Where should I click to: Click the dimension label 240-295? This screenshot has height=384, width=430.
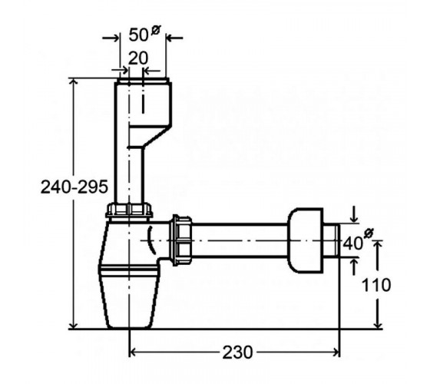tap(74, 187)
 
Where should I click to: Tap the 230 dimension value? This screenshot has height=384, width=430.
tap(237, 353)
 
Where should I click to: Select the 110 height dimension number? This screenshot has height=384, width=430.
tap(376, 285)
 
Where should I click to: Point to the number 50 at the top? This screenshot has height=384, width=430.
tap(138, 35)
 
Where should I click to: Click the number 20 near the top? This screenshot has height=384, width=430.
tap(138, 58)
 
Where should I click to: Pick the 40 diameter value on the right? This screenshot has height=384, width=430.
tap(353, 243)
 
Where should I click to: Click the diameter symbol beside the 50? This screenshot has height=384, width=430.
tap(155, 29)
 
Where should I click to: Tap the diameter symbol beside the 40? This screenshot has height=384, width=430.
tap(369, 233)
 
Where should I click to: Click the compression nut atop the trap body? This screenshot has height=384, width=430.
tap(129, 210)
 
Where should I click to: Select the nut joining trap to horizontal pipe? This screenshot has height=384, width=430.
tap(181, 240)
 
